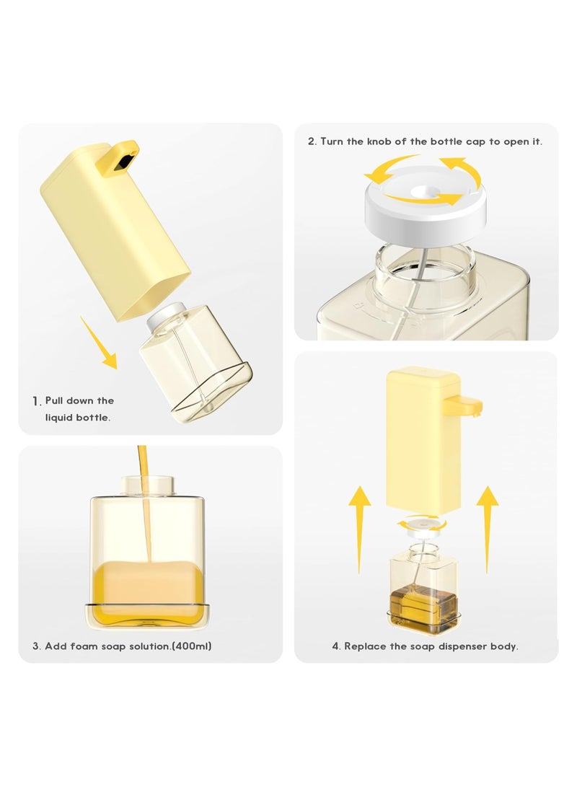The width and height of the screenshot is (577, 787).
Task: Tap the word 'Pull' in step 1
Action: click(56, 400)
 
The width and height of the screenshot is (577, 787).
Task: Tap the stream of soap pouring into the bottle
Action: click(145, 505)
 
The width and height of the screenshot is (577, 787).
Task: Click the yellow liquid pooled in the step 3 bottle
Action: click(147, 584)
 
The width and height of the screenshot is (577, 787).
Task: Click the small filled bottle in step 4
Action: click(423, 584)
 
